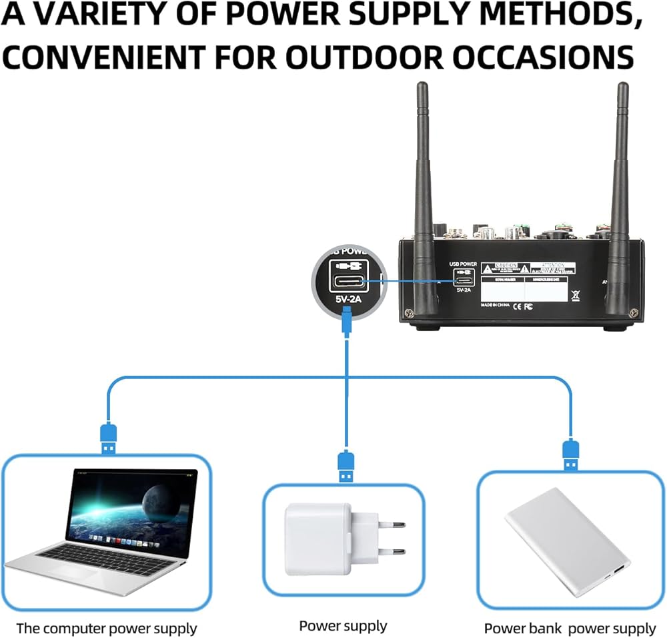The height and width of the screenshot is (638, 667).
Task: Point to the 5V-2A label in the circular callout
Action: coord(347,300)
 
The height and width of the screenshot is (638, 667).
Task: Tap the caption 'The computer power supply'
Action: coord(107,628)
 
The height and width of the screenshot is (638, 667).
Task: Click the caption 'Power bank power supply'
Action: coord(570,628)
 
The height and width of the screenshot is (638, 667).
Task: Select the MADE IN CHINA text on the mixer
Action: coord(497,304)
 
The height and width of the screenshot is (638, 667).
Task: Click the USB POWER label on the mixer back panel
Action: coord(463,264)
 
